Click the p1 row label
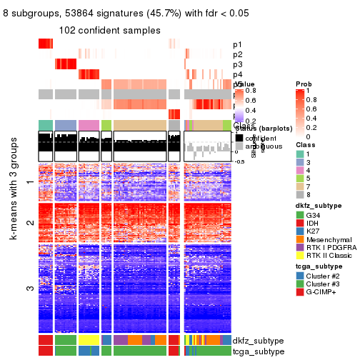(x=237, y=44)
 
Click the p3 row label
(x=237, y=64)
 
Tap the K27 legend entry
(x=315, y=235)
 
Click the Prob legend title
(x=304, y=84)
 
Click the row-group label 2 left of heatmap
(x=29, y=222)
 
